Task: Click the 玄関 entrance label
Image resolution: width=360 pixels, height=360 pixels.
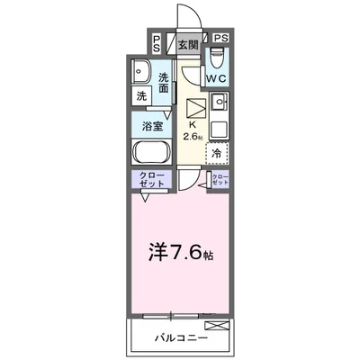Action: coord(187,44)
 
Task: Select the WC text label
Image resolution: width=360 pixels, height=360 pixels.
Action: coord(217,79)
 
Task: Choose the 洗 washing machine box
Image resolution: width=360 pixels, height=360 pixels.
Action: coord(143,95)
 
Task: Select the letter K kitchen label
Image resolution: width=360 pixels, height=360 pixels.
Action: coord(190,125)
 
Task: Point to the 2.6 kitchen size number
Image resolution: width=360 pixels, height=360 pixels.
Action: coord(190,137)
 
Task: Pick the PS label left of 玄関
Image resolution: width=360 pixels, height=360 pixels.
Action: coord(157,41)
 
